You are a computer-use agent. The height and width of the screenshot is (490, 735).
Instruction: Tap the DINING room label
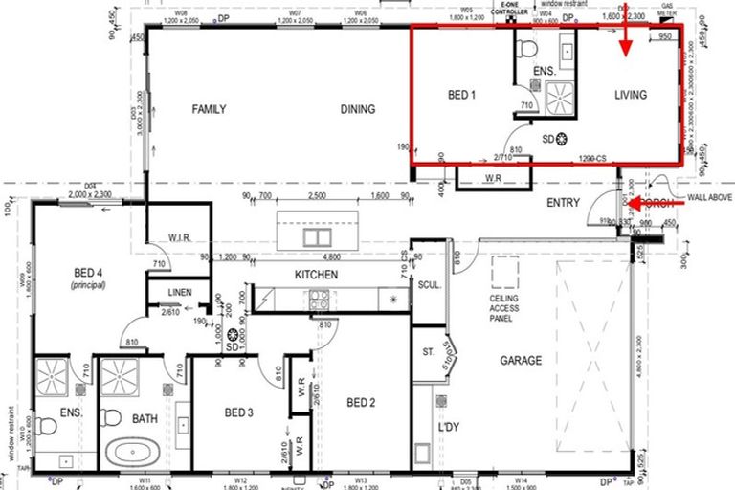coord(358,109)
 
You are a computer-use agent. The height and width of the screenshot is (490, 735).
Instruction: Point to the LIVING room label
coord(631,95)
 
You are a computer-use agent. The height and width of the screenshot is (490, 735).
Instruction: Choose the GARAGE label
coord(520,361)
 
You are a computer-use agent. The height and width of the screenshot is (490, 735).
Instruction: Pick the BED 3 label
coord(238,413)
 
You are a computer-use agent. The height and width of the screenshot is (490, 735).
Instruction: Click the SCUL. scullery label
coord(427,284)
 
